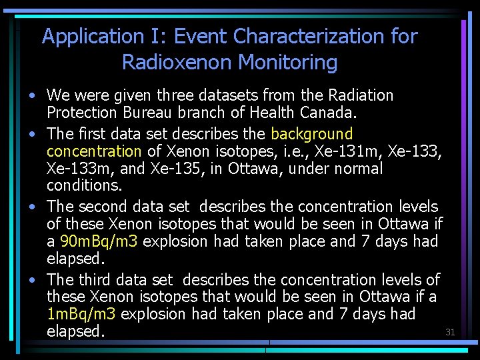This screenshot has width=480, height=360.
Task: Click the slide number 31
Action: click(x=449, y=332)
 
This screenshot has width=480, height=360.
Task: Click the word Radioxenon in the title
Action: click(x=177, y=63)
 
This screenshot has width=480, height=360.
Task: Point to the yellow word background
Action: click(x=312, y=135)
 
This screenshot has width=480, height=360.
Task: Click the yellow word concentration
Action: click(x=94, y=152)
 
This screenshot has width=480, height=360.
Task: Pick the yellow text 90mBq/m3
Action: click(x=99, y=241)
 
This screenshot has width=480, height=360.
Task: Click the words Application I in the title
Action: click(x=101, y=36)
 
